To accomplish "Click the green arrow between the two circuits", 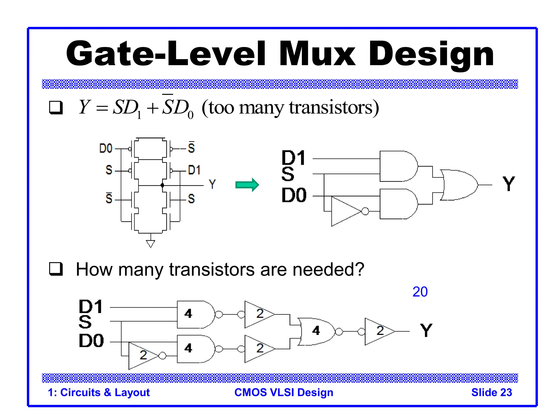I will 247,185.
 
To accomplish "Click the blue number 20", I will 420,292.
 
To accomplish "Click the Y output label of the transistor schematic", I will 212,184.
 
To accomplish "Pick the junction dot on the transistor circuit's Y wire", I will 162,185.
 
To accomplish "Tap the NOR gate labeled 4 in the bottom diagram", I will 316,331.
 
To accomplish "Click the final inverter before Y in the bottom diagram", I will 379,331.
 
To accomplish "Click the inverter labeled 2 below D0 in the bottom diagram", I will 143,355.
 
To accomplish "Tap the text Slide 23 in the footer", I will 491,392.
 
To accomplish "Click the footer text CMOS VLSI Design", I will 284,392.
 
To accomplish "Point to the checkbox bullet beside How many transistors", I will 56,269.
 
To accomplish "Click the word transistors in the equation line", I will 331,107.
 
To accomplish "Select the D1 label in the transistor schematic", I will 194,170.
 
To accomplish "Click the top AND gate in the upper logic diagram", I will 398,166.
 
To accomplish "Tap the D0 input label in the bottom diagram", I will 91,341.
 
